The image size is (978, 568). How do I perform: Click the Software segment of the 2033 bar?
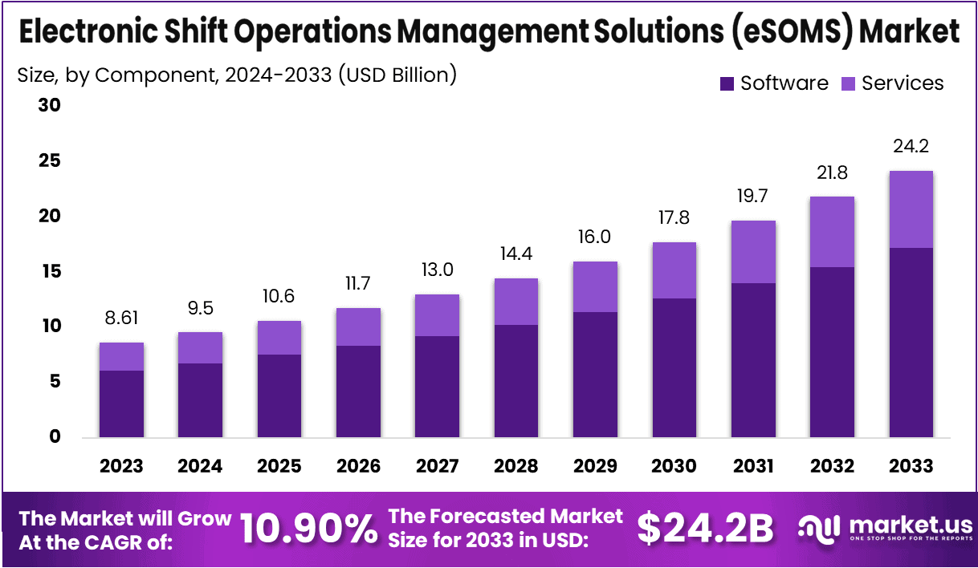point(911,343)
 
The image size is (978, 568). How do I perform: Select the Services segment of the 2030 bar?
point(674,270)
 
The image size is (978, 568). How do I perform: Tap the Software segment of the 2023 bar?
point(121,404)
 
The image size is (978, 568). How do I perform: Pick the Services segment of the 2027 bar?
point(437,315)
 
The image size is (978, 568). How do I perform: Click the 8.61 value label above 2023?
point(121,318)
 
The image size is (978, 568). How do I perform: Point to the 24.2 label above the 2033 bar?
point(911,146)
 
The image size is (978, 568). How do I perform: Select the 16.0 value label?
point(595,237)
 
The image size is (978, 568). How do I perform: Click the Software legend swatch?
point(727,83)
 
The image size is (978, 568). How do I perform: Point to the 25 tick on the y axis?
point(50,161)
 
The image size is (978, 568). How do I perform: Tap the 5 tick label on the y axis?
point(55,382)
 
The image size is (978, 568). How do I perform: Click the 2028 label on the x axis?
point(515,466)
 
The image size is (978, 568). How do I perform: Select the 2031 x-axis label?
point(752,466)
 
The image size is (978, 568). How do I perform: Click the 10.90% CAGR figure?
point(308,529)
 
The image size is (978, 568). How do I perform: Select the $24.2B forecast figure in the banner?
point(705,529)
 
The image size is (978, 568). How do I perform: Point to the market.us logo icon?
point(819,528)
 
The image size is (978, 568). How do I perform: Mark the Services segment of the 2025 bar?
point(279,338)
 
